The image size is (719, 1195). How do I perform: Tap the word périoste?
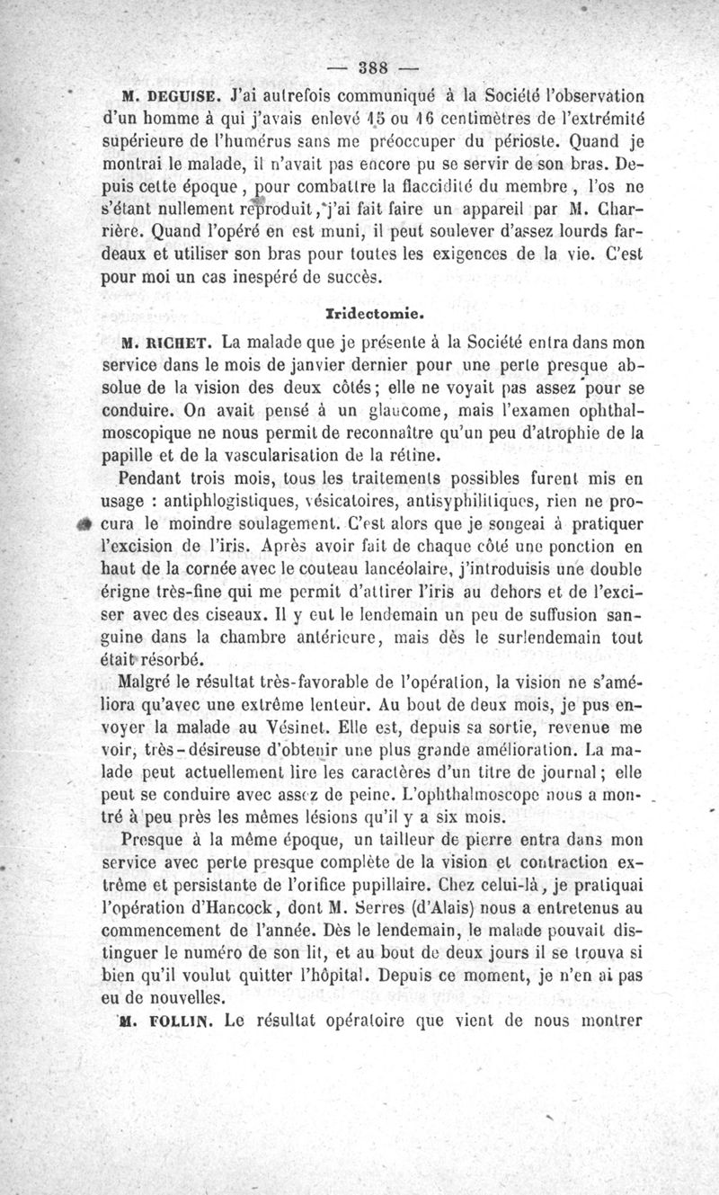click(528, 142)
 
